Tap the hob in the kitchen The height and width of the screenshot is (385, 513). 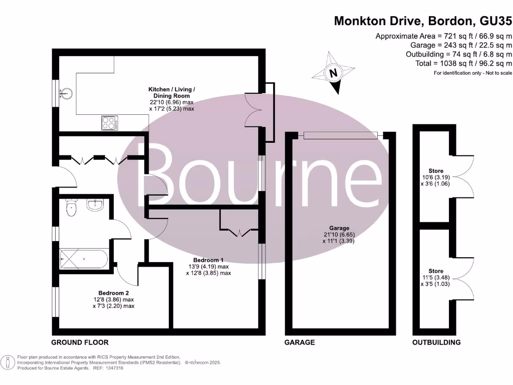click(109, 123)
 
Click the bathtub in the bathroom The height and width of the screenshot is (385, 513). click(83, 259)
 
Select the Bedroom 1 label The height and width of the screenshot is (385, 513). click(208, 260)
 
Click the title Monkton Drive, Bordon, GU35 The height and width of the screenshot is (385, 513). click(423, 21)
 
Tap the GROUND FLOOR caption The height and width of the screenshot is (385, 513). click(80, 342)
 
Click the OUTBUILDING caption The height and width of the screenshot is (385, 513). click(436, 342)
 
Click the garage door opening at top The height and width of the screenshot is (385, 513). click(344, 135)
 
